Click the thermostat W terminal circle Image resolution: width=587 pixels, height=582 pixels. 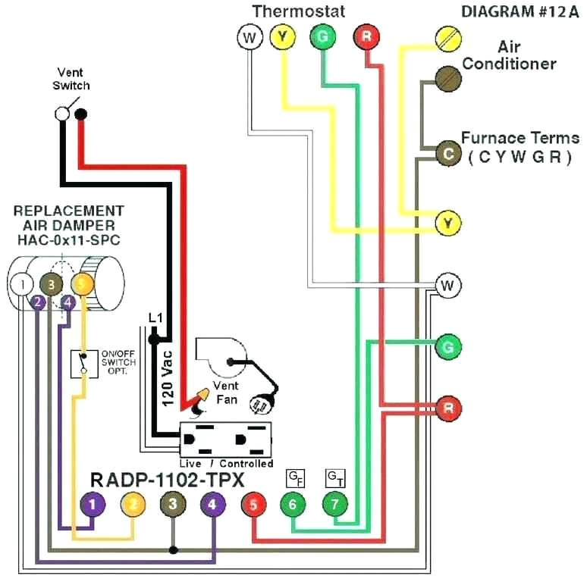[x=250, y=37]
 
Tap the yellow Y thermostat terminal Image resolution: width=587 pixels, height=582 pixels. [x=283, y=37]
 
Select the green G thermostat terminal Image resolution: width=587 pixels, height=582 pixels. [x=323, y=37]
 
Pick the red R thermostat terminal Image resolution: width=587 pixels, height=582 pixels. [x=366, y=37]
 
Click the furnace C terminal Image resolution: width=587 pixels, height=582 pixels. [x=448, y=153]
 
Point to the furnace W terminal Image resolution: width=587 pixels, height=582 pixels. [x=448, y=286]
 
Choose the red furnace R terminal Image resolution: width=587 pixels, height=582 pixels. [x=448, y=408]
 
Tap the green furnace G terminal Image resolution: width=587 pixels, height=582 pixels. [x=448, y=347]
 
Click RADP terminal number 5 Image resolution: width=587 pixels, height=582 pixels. [x=253, y=504]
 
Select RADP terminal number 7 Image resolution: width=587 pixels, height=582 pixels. [x=335, y=504]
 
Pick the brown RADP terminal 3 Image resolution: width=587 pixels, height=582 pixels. [x=173, y=504]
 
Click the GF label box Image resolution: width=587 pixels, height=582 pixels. [x=295, y=478]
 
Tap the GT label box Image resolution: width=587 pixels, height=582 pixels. [x=335, y=478]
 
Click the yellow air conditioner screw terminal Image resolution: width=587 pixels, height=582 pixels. [x=448, y=39]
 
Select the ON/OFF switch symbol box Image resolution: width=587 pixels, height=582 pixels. [x=84, y=364]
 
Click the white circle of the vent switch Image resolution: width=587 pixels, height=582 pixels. [x=62, y=114]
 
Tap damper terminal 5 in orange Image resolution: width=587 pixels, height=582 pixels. [x=83, y=284]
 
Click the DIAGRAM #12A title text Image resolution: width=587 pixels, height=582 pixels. [x=520, y=12]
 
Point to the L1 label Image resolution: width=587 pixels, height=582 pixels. [x=155, y=318]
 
